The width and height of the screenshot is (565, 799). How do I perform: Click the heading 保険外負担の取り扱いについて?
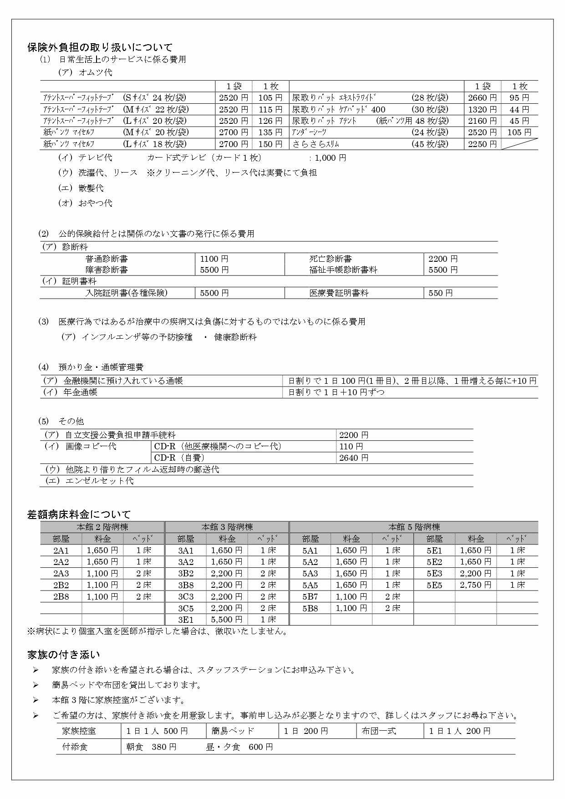coord(100,47)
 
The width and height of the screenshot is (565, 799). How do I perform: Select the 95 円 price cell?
coord(519,98)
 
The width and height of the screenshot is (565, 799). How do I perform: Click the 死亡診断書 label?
coord(331,259)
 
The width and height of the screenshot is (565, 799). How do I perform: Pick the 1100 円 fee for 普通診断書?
coord(214,259)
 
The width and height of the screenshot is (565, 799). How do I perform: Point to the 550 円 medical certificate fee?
coord(440,293)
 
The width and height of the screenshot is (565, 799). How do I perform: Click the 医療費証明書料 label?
coord(339,293)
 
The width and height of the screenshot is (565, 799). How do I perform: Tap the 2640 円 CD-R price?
coord(353,458)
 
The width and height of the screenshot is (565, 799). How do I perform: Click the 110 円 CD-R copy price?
coord(351,447)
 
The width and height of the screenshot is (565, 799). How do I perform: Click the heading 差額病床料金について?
coord(79,514)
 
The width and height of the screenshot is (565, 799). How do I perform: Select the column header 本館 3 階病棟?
coord(227,527)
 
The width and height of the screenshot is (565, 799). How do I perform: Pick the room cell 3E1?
coord(185,620)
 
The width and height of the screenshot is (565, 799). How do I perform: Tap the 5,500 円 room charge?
coord(226,620)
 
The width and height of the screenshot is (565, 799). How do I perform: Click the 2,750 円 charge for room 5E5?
coord(475,585)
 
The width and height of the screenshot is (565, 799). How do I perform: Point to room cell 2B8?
coord(61,597)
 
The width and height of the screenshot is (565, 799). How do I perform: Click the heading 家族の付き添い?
coord(63,655)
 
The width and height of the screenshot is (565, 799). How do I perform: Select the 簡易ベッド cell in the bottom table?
coord(233,731)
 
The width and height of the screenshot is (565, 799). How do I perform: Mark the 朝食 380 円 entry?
coord(151,747)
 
